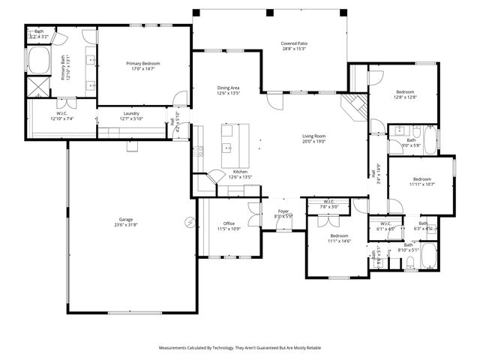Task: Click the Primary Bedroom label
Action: pyautogui.click(x=142, y=64)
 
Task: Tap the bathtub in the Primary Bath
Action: pyautogui.click(x=37, y=61)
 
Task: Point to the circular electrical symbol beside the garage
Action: pyautogui.click(x=190, y=222)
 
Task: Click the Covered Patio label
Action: pyautogui.click(x=294, y=44)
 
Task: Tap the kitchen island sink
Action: pyautogui.click(x=226, y=148)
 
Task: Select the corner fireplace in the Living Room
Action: pyautogui.click(x=354, y=105)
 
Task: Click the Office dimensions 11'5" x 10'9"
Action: pyautogui.click(x=230, y=229)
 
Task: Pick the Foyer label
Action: pyautogui.click(x=283, y=211)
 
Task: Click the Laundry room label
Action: pyautogui.click(x=130, y=113)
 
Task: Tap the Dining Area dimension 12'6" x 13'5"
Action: pyautogui.click(x=228, y=94)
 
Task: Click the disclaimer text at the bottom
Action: pyautogui.click(x=240, y=348)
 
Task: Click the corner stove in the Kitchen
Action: pyautogui.click(x=215, y=176)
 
